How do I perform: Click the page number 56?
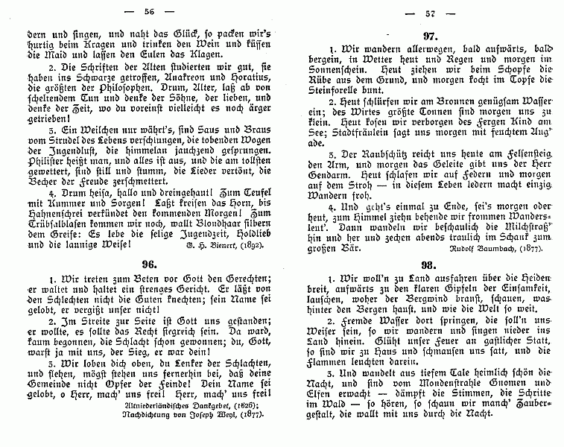coord(148,10)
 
